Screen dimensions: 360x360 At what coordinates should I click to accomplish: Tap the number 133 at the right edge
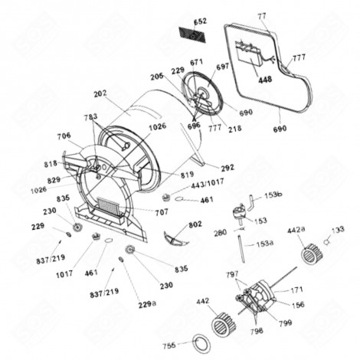(x=338, y=229)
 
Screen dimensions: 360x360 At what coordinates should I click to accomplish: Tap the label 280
(x=219, y=232)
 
